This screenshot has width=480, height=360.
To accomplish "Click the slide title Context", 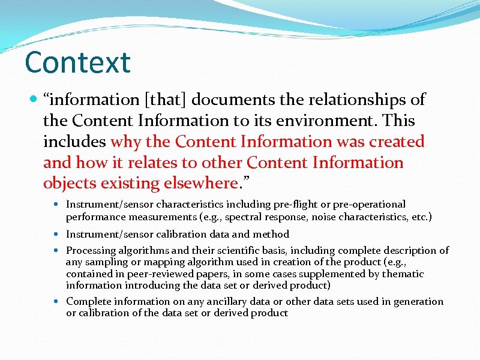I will (x=78, y=62).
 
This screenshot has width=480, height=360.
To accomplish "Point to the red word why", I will (x=125, y=142).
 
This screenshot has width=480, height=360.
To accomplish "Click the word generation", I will (x=418, y=302).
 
